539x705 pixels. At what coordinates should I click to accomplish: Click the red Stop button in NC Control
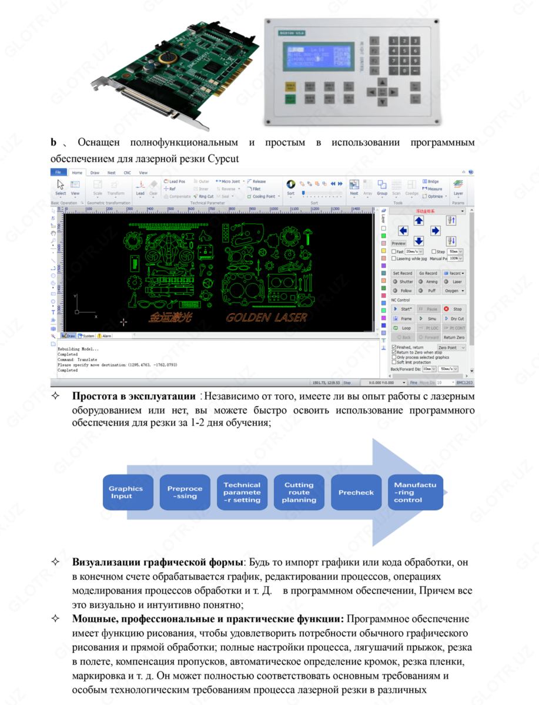[x=454, y=308]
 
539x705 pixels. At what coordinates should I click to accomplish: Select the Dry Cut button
[x=454, y=318]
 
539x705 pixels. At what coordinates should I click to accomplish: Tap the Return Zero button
[x=454, y=337]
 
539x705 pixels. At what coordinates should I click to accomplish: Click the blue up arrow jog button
[x=419, y=220]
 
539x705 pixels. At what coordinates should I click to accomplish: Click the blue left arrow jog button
[x=403, y=230]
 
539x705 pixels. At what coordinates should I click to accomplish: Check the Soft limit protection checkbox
[x=394, y=362]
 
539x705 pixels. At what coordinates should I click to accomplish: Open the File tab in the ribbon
[x=58, y=172]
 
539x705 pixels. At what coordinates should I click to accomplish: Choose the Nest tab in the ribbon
[x=111, y=173]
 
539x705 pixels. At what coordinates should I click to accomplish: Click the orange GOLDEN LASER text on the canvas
[x=266, y=318]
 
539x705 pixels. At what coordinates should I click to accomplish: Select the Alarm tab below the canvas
[x=105, y=336]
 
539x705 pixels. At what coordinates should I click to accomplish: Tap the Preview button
[x=399, y=243]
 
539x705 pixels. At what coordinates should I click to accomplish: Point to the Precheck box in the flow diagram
[x=356, y=492]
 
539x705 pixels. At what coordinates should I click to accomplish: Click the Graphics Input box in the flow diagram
[x=126, y=492]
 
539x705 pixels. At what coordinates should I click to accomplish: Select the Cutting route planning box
[x=299, y=492]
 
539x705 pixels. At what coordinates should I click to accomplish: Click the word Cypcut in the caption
[x=225, y=158]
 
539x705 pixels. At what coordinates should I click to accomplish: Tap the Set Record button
[x=403, y=273]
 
